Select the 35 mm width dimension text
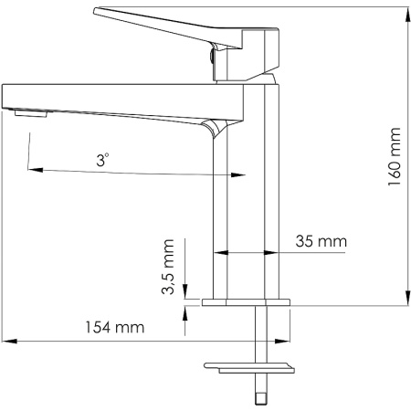coord(321,242)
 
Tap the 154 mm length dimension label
coord(116,327)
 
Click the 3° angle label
coord(102,158)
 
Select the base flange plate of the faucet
coord(244,302)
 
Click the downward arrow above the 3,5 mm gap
coord(185,289)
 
